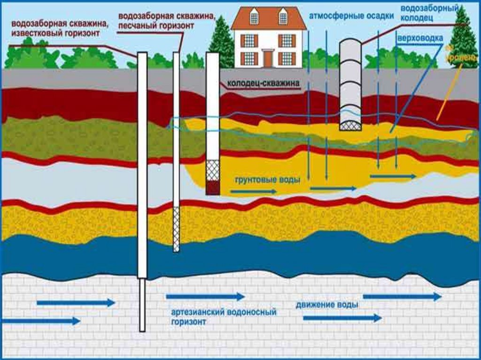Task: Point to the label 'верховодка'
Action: [420, 37]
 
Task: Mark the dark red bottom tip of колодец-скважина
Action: [213, 188]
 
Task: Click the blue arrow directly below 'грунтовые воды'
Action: [253, 191]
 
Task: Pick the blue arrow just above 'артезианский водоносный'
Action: [205, 297]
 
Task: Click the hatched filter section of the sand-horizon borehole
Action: [176, 230]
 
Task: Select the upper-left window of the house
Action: [254, 18]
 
